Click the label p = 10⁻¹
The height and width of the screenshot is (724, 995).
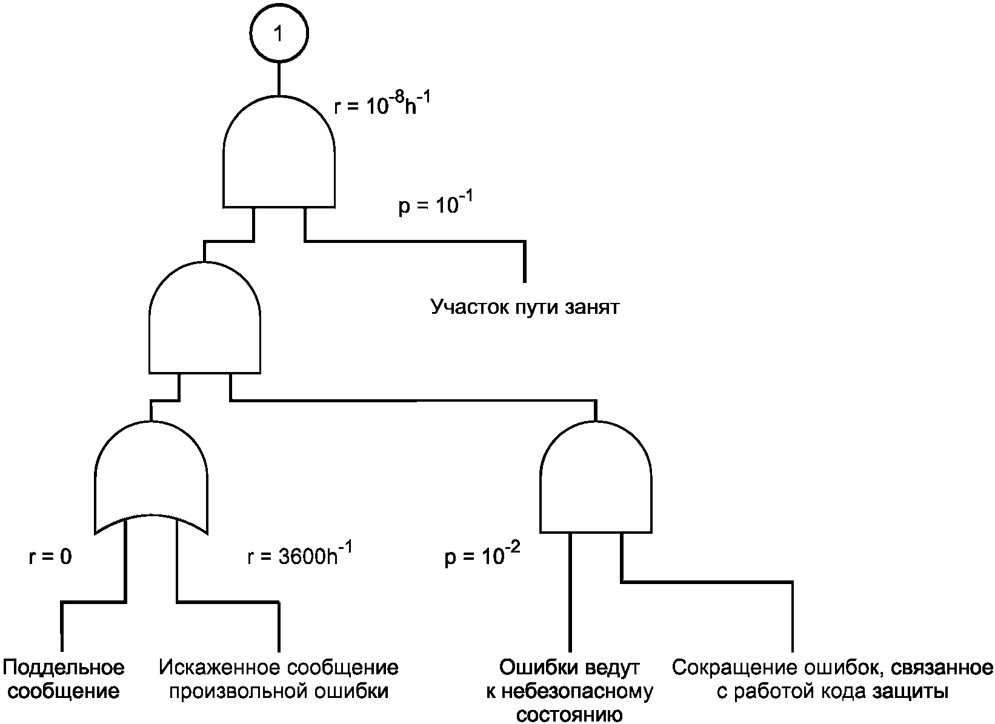tap(436, 204)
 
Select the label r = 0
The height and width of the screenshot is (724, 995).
tap(50, 557)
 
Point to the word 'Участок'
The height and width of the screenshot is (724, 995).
tap(470, 307)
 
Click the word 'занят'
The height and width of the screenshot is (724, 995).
tap(592, 308)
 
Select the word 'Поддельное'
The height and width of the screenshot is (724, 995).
tap(64, 668)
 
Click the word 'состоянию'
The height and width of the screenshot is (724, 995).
tap(570, 715)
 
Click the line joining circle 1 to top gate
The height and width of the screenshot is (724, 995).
tap(279, 79)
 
